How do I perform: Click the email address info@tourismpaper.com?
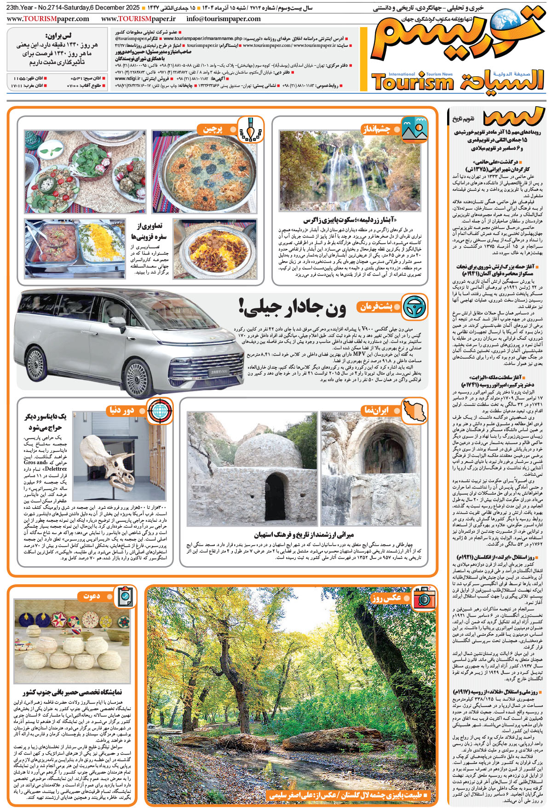point(224,19)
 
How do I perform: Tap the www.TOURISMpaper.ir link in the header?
point(138,19)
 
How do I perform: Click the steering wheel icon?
point(414,307)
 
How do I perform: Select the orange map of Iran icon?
point(414,410)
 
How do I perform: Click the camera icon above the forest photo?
point(424,597)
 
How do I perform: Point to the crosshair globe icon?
point(160,410)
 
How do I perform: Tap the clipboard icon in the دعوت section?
point(125,597)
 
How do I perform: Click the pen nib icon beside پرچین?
point(250,129)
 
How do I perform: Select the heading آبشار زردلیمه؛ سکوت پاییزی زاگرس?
point(350,220)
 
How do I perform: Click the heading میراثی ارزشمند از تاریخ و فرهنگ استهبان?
point(304,535)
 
